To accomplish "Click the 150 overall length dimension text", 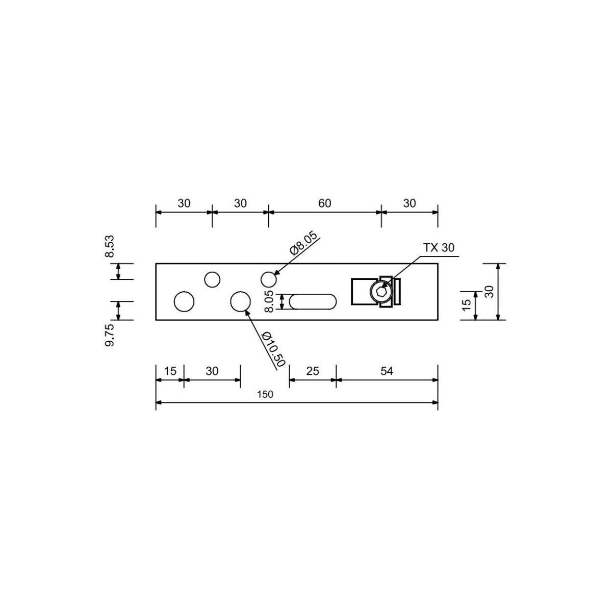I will coord(265,394).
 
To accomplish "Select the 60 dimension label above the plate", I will coord(325,203).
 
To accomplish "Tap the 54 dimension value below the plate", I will coord(387,371).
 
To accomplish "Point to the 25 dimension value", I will coord(313,371).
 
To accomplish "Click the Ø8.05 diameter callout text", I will coord(303,244).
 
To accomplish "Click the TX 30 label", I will coord(439,247).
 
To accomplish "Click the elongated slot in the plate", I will coord(313,301).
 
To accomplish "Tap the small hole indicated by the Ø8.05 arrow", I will coord(269,279).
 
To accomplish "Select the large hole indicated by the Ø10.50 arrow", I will coord(240,301).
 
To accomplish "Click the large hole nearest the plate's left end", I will coord(184,301).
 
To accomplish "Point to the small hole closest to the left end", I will coord(212,279).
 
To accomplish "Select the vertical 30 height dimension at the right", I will coord(490,292).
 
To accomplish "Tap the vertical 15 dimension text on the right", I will coord(466,305).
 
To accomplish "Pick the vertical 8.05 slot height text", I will coord(269,301).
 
